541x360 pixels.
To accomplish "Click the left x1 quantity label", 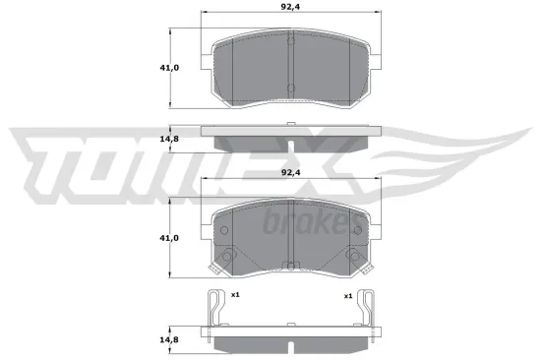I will (x=236, y=294).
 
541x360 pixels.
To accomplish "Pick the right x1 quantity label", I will (x=347, y=294).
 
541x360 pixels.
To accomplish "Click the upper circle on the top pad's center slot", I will (x=291, y=43).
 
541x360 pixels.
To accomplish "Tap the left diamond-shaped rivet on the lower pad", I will (x=232, y=258).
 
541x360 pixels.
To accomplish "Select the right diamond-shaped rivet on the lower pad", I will (x=350, y=258).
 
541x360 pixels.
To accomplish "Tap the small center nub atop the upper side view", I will (x=291, y=122).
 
